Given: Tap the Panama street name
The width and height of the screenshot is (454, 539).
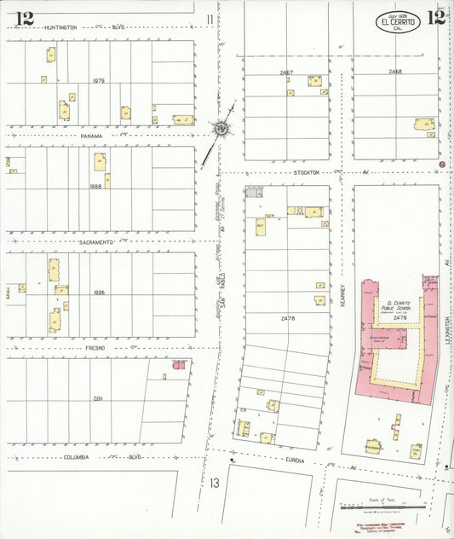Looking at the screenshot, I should point(91,136).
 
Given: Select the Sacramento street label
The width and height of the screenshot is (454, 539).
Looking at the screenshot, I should point(96,242).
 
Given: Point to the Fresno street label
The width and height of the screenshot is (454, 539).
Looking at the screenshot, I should point(94,348).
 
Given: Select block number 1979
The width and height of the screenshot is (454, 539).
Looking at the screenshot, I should point(98,80).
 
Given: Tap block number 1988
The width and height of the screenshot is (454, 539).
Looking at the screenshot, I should point(95,185).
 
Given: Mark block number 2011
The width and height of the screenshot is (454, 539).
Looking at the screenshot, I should point(98,397).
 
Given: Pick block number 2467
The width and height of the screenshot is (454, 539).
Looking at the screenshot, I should point(286,72).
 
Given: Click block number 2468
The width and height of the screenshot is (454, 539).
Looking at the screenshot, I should point(394,72).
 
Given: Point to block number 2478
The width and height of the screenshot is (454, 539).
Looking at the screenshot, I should point(287,317).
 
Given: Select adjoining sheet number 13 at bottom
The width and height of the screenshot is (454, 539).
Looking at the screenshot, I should point(214,483).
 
